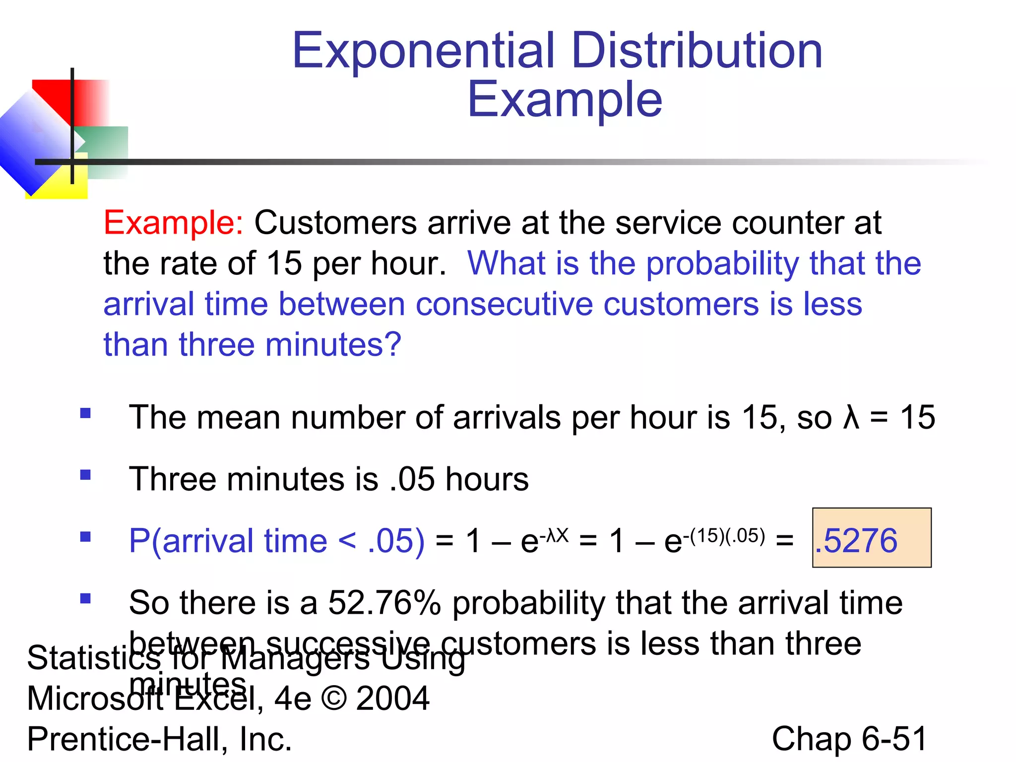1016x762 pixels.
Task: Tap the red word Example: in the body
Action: click(x=173, y=223)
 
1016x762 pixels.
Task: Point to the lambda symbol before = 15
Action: click(x=851, y=417)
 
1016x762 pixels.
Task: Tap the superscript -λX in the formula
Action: click(x=554, y=535)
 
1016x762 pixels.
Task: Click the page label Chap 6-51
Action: click(x=849, y=739)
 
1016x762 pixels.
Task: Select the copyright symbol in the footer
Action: click(x=334, y=698)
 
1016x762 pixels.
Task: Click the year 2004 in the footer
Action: click(x=392, y=698)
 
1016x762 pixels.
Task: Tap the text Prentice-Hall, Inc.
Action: click(x=159, y=739)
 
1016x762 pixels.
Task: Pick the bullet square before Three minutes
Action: click(x=85, y=475)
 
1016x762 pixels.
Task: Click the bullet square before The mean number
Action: click(x=85, y=413)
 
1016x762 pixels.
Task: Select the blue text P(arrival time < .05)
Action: click(x=277, y=540)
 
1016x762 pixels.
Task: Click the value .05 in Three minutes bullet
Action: click(x=412, y=479)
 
